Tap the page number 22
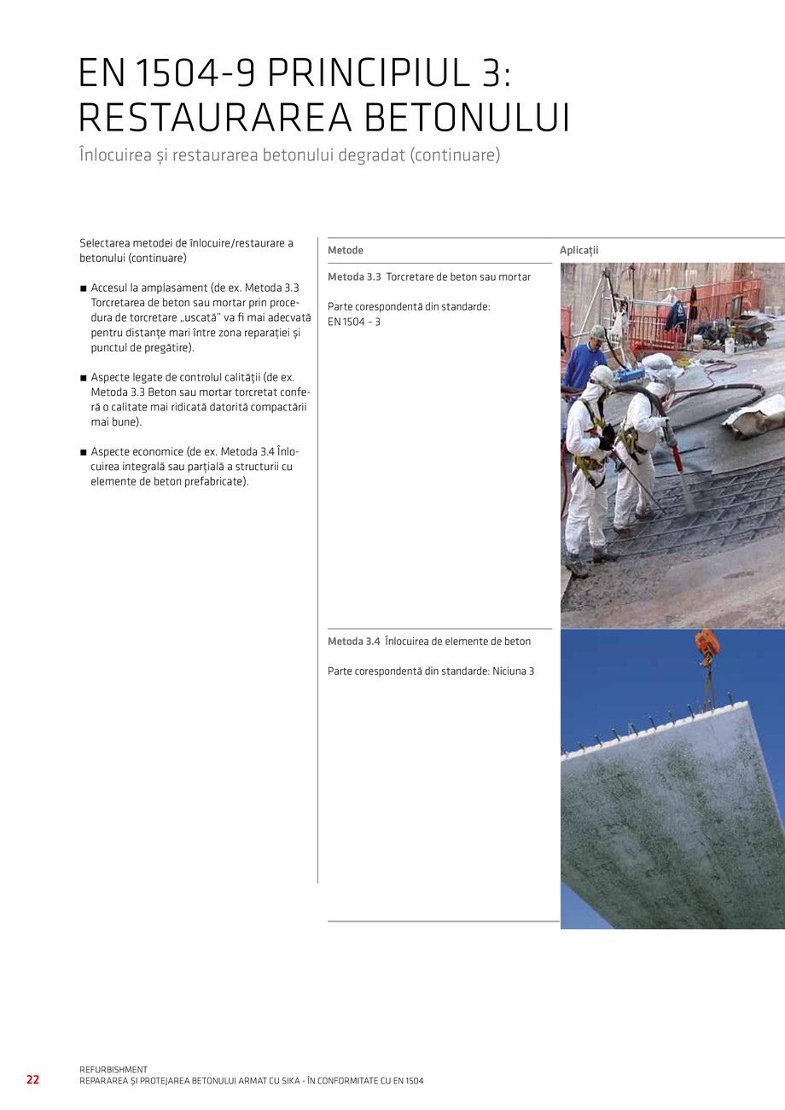coord(32,1079)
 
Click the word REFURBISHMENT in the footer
coord(113,1069)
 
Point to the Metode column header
coord(346,250)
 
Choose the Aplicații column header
coord(579,250)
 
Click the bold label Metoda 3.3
coord(354,277)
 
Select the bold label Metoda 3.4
coord(354,642)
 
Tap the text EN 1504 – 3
coord(354,322)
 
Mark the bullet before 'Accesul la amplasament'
coord(84,289)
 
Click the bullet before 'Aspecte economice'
coord(84,452)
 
